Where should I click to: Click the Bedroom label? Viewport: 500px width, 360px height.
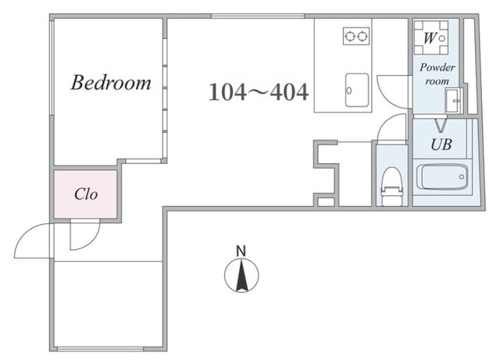click(x=111, y=83)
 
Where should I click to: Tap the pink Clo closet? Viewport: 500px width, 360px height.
click(x=85, y=194)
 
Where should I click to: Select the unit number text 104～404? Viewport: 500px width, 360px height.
click(x=259, y=92)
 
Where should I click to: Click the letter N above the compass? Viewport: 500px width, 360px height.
click(x=241, y=251)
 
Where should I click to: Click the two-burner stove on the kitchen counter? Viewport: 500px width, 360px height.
click(x=356, y=36)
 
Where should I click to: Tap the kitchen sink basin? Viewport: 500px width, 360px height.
click(x=357, y=91)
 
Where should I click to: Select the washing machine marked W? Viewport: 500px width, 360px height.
click(x=430, y=38)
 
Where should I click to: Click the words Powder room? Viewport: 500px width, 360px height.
click(x=437, y=74)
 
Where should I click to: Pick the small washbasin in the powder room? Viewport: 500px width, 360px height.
click(x=453, y=100)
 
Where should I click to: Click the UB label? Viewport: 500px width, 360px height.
click(x=441, y=144)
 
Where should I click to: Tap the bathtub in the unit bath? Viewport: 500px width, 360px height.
click(x=442, y=176)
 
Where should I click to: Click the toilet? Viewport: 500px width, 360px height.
click(x=392, y=187)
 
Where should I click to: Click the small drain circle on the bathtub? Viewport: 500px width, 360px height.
click(x=462, y=177)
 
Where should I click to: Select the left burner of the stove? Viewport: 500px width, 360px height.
click(x=350, y=36)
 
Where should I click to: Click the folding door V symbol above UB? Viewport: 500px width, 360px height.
click(x=441, y=125)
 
